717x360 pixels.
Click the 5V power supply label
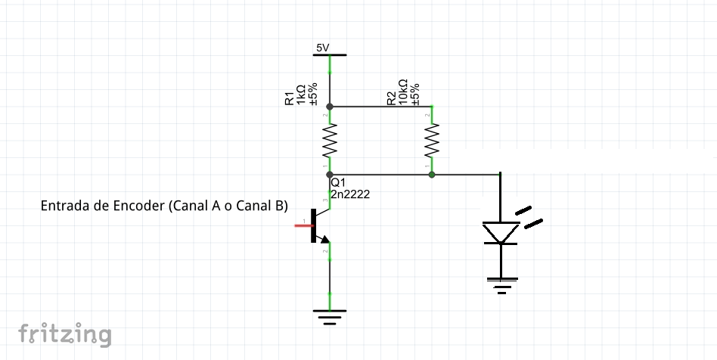point(323,48)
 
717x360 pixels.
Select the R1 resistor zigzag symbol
point(329,141)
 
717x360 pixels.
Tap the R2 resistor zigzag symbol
point(432,140)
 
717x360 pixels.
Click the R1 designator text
point(290,98)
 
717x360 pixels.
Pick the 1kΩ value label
point(301,95)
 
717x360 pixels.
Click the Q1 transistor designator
point(338,182)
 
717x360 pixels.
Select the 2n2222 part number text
point(350,194)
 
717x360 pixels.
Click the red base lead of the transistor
point(303,225)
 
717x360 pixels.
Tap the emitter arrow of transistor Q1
point(324,241)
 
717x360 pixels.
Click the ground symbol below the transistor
point(329,315)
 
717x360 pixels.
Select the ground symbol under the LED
point(500,284)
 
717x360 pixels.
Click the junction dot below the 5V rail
point(329,107)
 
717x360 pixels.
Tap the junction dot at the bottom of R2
point(432,174)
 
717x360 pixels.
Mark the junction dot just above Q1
point(329,174)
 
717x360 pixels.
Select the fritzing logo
point(64,334)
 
